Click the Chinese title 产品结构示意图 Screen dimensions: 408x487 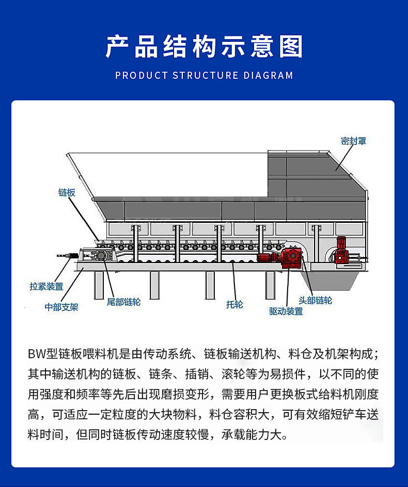tap(204, 46)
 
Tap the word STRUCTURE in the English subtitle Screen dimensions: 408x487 tap(206, 75)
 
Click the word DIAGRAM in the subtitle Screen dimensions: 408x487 tap(268, 75)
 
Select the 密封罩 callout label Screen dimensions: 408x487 tap(353, 141)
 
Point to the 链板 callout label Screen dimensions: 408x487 tap(67, 192)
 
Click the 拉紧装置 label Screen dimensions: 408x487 tap(46, 286)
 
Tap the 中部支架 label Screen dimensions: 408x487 tap(61, 307)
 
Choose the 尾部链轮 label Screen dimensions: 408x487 tap(123, 302)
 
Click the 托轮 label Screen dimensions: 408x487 tap(234, 304)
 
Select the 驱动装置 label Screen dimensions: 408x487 tap(286, 311)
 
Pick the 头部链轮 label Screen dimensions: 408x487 tap(315, 300)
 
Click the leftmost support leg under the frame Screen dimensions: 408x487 tap(99, 285)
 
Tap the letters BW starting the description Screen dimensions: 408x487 tap(37, 354)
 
